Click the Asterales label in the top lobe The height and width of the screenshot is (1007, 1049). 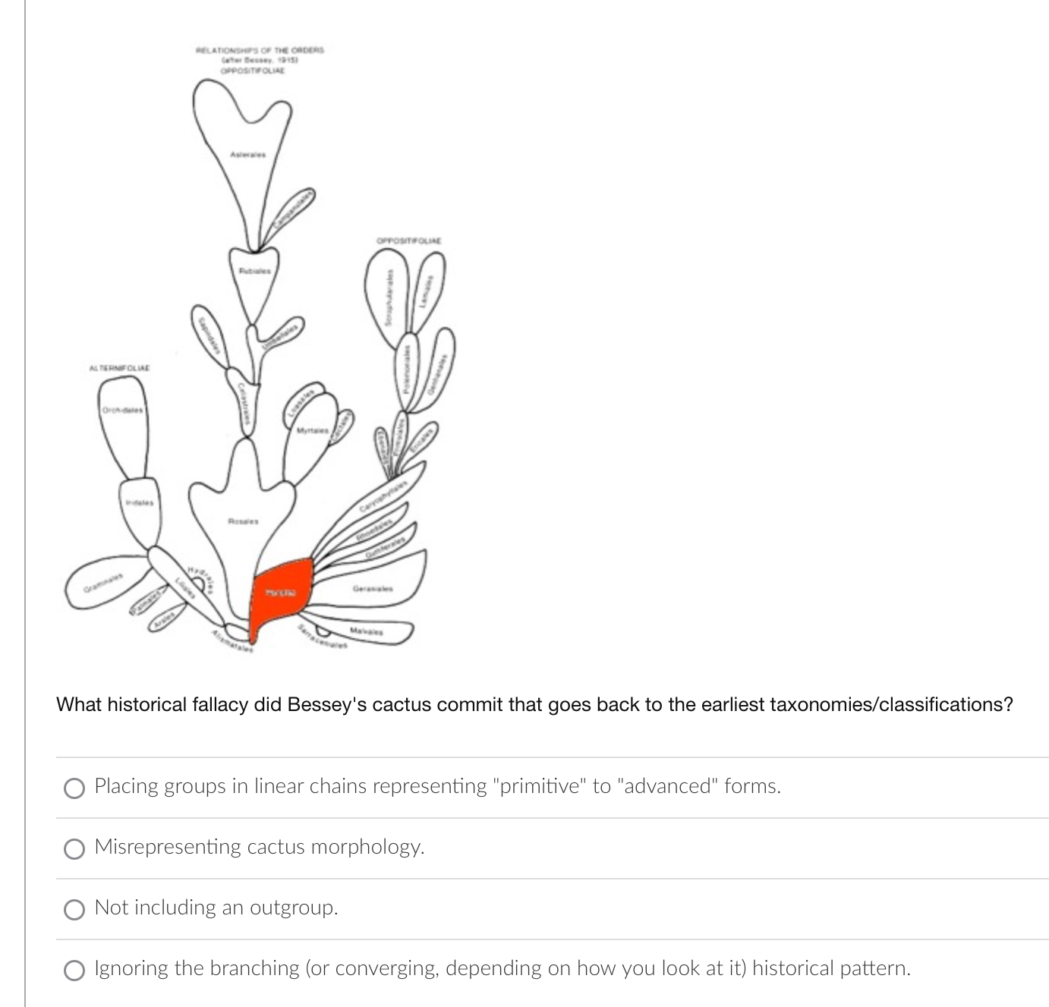click(x=247, y=155)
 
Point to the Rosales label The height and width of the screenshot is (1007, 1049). click(x=244, y=521)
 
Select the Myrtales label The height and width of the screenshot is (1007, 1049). click(x=312, y=431)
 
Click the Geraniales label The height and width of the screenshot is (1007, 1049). click(x=373, y=588)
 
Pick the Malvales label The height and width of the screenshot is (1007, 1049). click(x=367, y=631)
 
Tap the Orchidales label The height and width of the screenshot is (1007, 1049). click(x=122, y=411)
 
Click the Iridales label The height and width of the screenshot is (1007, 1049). click(x=139, y=502)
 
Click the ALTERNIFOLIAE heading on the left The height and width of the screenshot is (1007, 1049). click(x=120, y=368)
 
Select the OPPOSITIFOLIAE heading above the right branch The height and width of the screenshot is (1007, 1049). click(x=408, y=241)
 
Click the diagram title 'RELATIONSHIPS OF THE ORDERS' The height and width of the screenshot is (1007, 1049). click(x=260, y=50)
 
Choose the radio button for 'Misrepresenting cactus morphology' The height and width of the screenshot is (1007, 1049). click(x=74, y=848)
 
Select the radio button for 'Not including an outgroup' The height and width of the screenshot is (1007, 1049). click(x=74, y=909)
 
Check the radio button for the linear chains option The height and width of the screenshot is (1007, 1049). click(x=74, y=788)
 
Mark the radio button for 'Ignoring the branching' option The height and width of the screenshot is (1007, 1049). click(x=74, y=970)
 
